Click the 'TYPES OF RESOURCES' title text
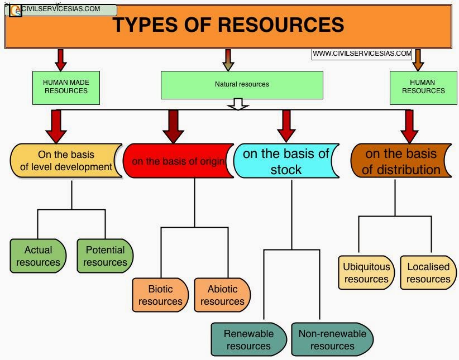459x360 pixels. pos(228,25)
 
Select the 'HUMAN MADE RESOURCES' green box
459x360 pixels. pos(66,87)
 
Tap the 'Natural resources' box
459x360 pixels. pos(242,85)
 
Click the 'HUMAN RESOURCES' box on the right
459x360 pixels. pos(423,87)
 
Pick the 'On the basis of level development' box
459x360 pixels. pos(66,161)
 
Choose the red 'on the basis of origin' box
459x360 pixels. pos(178,161)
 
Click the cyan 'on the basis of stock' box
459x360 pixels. pos(286,161)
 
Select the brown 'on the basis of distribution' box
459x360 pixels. pos(400,161)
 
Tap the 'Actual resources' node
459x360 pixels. pos(38,256)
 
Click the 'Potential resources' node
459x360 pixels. pos(105,256)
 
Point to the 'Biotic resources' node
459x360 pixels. pos(160,295)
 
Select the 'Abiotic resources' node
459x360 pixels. pos(222,295)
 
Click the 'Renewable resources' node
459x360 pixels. pos(248,339)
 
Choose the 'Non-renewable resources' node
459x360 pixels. pos(332,339)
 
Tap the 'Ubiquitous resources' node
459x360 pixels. pos(366,273)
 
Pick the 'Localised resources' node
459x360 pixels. pos(428,273)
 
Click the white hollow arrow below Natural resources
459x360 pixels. pos(238,104)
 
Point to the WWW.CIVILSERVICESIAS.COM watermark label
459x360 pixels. pos(362,54)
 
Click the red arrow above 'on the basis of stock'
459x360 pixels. pos(286,126)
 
